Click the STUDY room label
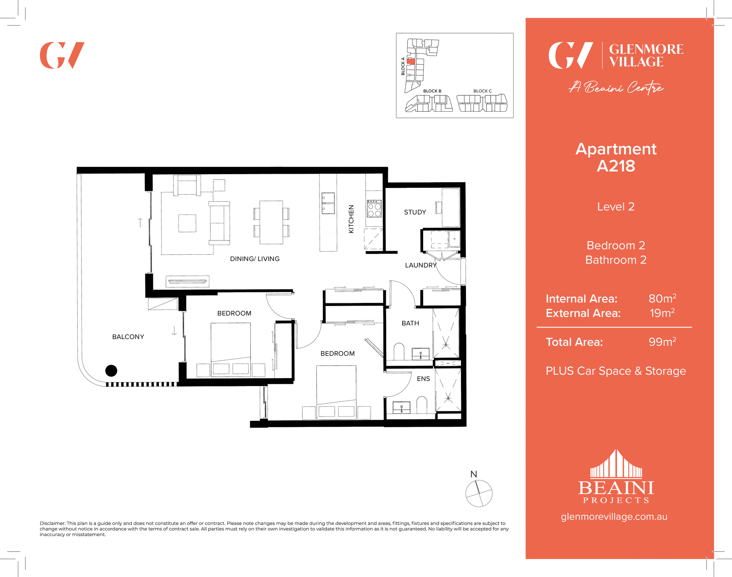pyautogui.click(x=415, y=212)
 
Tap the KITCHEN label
pyautogui.click(x=351, y=219)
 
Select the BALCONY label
pyautogui.click(x=128, y=337)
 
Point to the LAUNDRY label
pyautogui.click(x=421, y=265)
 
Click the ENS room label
pyautogui.click(x=423, y=379)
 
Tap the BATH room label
pyautogui.click(x=410, y=323)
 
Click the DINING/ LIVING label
pyautogui.click(x=255, y=259)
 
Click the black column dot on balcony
pyautogui.click(x=111, y=370)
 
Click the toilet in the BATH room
pyautogui.click(x=399, y=351)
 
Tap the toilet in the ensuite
pyautogui.click(x=422, y=405)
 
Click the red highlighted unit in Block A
pyautogui.click(x=411, y=61)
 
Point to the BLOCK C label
pyautogui.click(x=482, y=91)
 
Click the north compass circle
pyautogui.click(x=479, y=494)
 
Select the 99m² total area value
pyautogui.click(x=662, y=342)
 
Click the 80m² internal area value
pyautogui.click(x=662, y=298)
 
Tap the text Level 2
pyautogui.click(x=616, y=207)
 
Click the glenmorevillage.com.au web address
pyautogui.click(x=614, y=517)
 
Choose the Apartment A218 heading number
pyautogui.click(x=616, y=166)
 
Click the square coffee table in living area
pyautogui.click(x=187, y=223)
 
